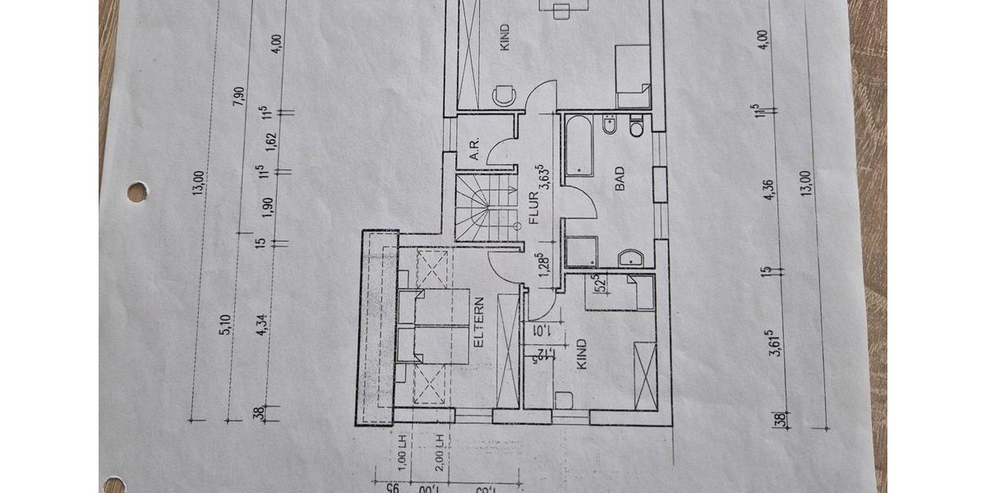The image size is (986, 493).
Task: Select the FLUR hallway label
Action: tap(533, 209)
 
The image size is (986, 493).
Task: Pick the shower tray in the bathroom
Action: tap(583, 252)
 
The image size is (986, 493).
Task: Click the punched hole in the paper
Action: tap(137, 191)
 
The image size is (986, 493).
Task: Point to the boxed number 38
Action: tap(777, 420)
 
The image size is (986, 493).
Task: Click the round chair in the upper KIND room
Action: tap(503, 96)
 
